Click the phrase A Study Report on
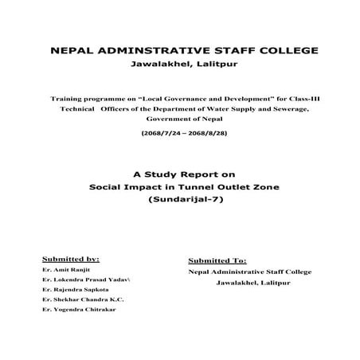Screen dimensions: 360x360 click(x=179, y=173)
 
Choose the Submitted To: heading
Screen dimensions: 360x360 click(x=217, y=260)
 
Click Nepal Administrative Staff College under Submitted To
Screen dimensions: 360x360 click(x=250, y=272)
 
